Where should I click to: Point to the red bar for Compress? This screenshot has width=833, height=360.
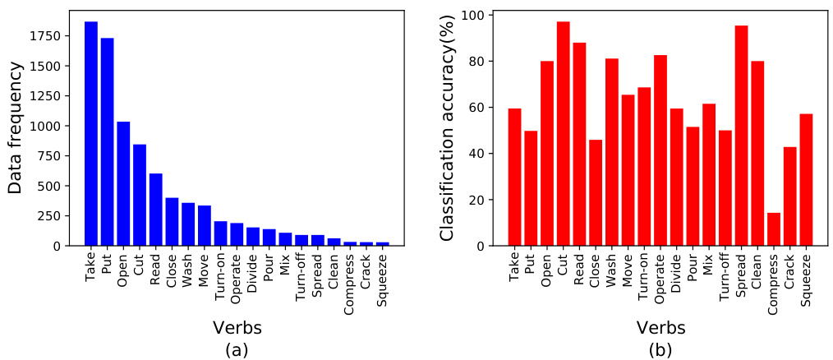click(x=773, y=229)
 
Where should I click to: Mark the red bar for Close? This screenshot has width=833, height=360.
click(x=596, y=192)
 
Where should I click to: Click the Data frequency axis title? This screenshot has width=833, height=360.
click(x=16, y=129)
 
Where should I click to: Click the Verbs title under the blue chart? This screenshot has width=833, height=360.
click(x=237, y=328)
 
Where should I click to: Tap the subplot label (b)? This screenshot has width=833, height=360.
click(x=660, y=349)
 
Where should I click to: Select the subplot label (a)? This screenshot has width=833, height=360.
click(x=237, y=349)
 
